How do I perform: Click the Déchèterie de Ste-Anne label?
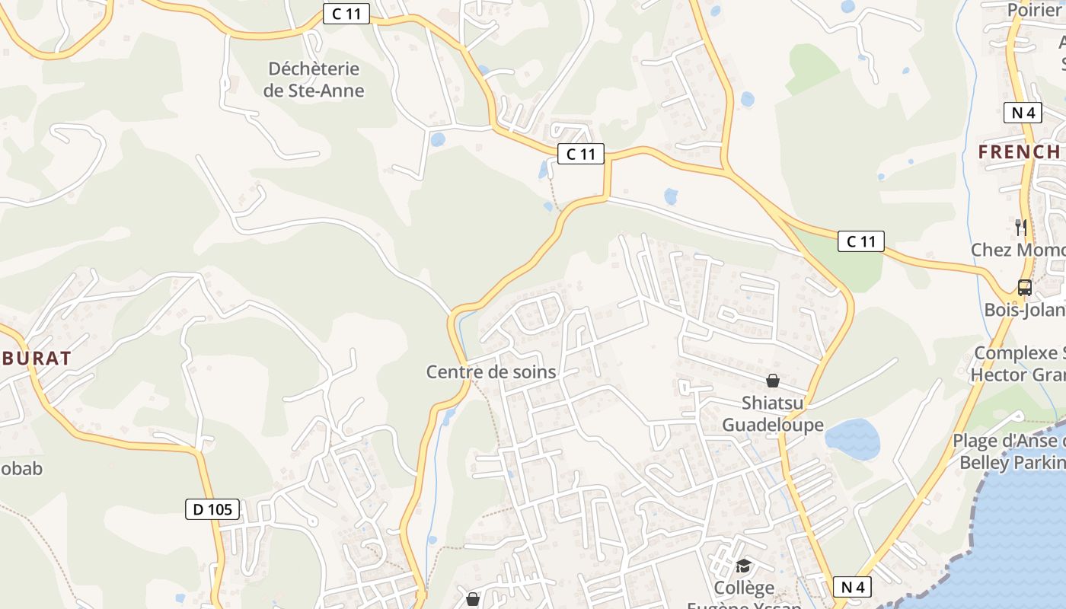coord(314,80)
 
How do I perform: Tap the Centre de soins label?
coord(491,372)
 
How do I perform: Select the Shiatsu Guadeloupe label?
coord(772,414)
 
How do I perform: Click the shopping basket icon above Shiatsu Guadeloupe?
coord(773,381)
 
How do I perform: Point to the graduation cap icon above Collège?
coord(743,566)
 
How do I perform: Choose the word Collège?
coord(744,588)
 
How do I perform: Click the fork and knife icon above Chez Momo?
coord(1021,227)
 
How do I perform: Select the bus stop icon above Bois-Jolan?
coord(1025,288)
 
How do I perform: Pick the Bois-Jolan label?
coord(1024,310)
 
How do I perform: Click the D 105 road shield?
coord(212,509)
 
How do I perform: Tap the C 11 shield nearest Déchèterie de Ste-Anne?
coord(346,13)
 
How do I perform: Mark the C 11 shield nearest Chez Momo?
coord(861,241)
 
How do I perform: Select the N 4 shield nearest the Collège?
coord(852,587)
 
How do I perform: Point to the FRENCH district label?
coord(1019,152)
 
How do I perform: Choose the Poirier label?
coord(1034,10)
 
